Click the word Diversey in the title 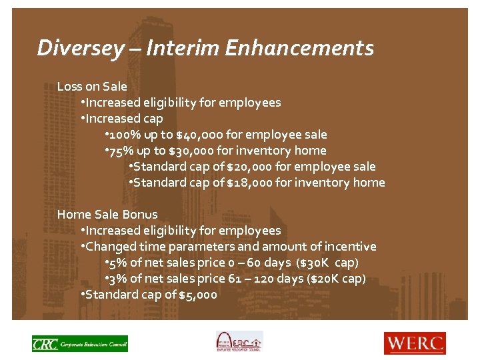[x=80, y=48]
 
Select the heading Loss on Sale [x=92, y=86]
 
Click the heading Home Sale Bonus [x=107, y=214]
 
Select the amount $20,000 [x=249, y=167]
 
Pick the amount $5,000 [x=198, y=295]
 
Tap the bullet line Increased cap [x=123, y=119]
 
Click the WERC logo [x=414, y=343]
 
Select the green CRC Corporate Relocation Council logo [x=79, y=343]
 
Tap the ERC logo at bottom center [x=239, y=342]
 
